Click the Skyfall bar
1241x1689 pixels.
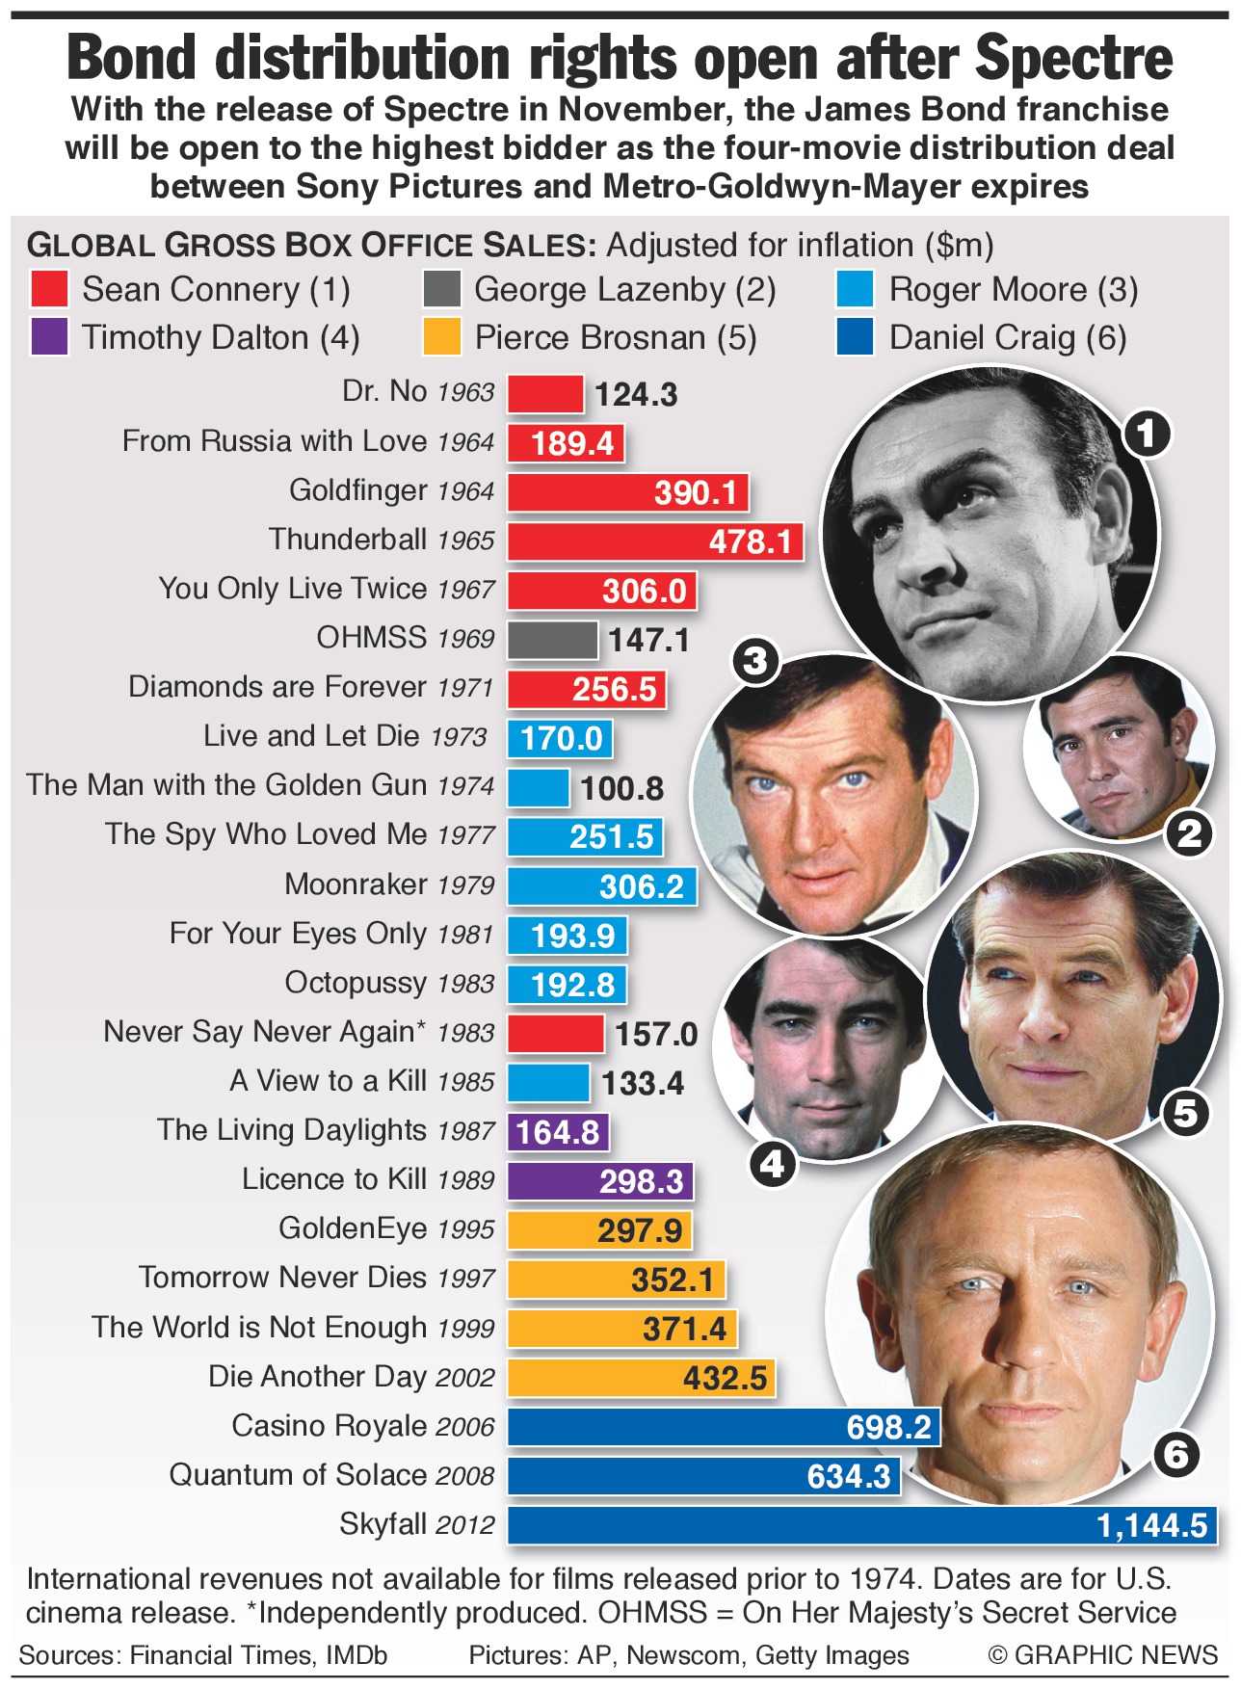click(862, 1525)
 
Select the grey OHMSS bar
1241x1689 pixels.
click(552, 640)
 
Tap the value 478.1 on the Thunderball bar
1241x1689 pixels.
click(750, 541)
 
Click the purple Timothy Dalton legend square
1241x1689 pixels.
click(48, 337)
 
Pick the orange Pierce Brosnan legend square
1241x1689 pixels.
click(441, 337)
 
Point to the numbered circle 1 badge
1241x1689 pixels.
click(1146, 434)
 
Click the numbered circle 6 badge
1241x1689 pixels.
click(1175, 1453)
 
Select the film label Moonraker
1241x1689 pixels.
click(356, 884)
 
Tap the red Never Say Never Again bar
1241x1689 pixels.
click(555, 1034)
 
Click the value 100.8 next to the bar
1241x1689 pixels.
click(621, 788)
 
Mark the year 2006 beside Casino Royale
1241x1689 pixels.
click(464, 1427)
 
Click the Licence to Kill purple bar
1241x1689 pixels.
click(600, 1181)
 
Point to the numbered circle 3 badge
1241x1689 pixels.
click(755, 661)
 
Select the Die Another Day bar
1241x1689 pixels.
click(641, 1378)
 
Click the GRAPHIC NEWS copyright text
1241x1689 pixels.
click(1103, 1655)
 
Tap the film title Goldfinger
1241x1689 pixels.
click(357, 490)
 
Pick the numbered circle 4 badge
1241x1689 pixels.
click(773, 1165)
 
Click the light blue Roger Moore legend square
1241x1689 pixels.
click(855, 289)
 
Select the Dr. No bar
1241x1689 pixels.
click(545, 394)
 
